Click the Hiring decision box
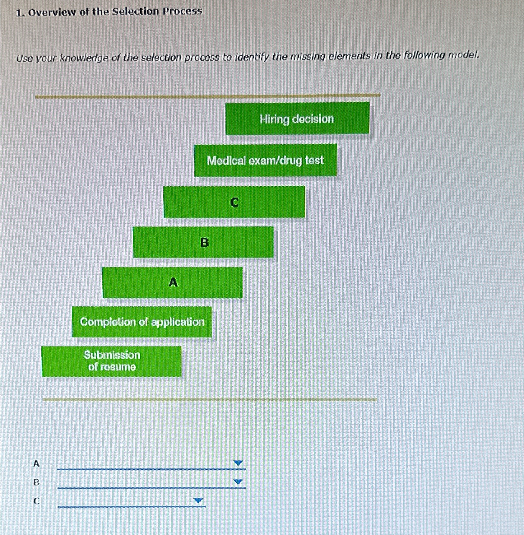click(297, 119)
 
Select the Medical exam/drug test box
click(266, 160)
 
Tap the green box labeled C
click(234, 202)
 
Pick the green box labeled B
click(203, 242)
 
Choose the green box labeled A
click(173, 282)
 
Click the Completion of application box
click(142, 322)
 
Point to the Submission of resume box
click(112, 361)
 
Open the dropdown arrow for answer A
click(238, 463)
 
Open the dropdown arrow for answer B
click(238, 482)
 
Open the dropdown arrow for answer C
click(198, 500)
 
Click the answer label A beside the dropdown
click(36, 463)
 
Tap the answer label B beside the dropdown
click(36, 482)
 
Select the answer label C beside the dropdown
click(36, 501)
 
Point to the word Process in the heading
click(183, 11)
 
